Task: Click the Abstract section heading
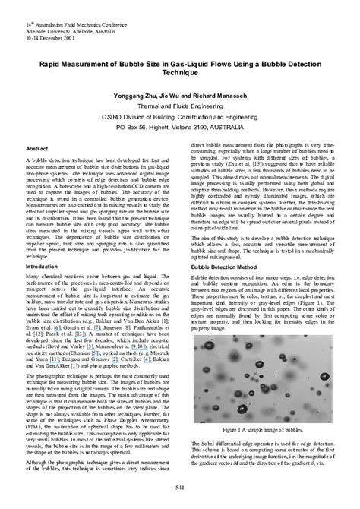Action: pos(37,149)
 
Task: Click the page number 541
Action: pos(180,487)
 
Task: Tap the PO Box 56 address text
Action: pos(136,129)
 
